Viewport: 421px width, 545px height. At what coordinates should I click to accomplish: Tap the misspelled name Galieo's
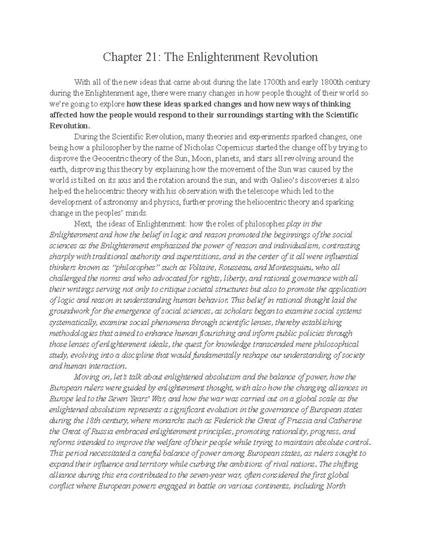pyautogui.click(x=276, y=180)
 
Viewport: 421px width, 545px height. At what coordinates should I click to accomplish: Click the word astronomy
pyautogui.click(x=120, y=202)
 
